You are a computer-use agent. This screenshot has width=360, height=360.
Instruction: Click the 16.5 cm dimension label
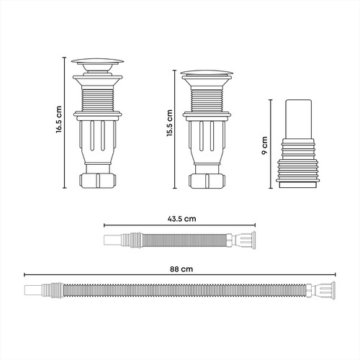(x=59, y=120)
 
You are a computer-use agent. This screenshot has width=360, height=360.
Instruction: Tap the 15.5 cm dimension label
(x=170, y=123)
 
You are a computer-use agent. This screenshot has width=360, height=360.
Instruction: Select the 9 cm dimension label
(x=265, y=145)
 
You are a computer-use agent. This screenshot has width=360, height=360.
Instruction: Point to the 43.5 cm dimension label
(x=181, y=219)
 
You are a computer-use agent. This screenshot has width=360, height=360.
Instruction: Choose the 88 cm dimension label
(x=181, y=269)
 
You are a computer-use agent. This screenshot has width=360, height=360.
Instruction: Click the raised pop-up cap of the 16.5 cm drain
(x=97, y=61)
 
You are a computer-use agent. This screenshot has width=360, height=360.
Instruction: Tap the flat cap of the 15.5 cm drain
(x=207, y=73)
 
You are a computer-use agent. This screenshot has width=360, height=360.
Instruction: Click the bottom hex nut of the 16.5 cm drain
(x=98, y=181)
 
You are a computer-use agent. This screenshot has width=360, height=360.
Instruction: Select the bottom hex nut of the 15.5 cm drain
(x=207, y=181)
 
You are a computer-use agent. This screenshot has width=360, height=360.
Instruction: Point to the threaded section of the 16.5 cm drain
(x=98, y=100)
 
